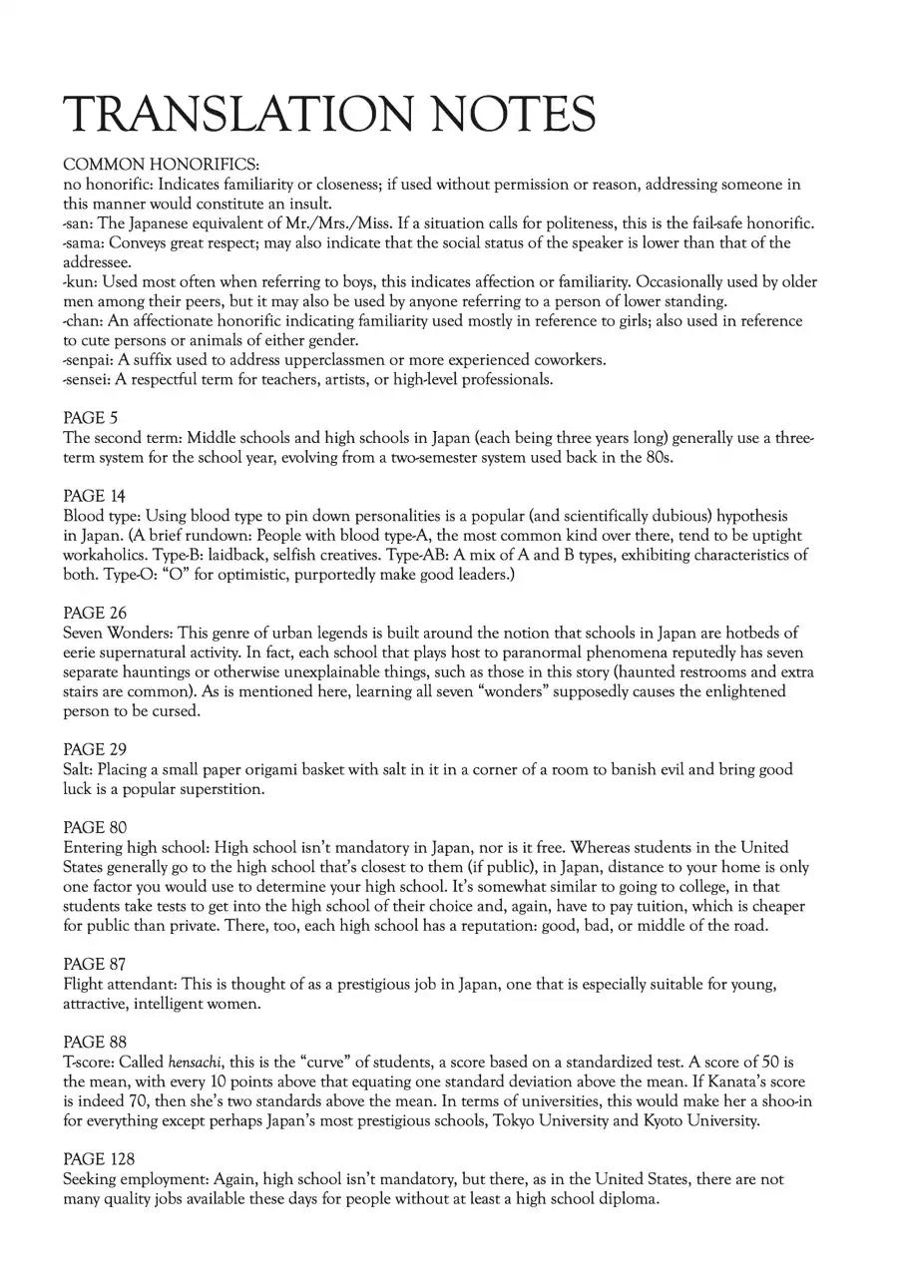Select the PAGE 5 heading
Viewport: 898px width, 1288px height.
coord(90,418)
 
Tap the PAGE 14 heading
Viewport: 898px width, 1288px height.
coord(94,496)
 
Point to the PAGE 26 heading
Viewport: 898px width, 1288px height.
coord(95,613)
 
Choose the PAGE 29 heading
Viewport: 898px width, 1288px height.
coord(95,749)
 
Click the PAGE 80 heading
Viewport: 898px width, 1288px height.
coord(95,827)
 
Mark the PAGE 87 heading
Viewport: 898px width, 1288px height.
coord(95,964)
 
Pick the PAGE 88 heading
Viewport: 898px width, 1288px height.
coord(95,1042)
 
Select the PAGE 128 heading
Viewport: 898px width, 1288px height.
coord(99,1158)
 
